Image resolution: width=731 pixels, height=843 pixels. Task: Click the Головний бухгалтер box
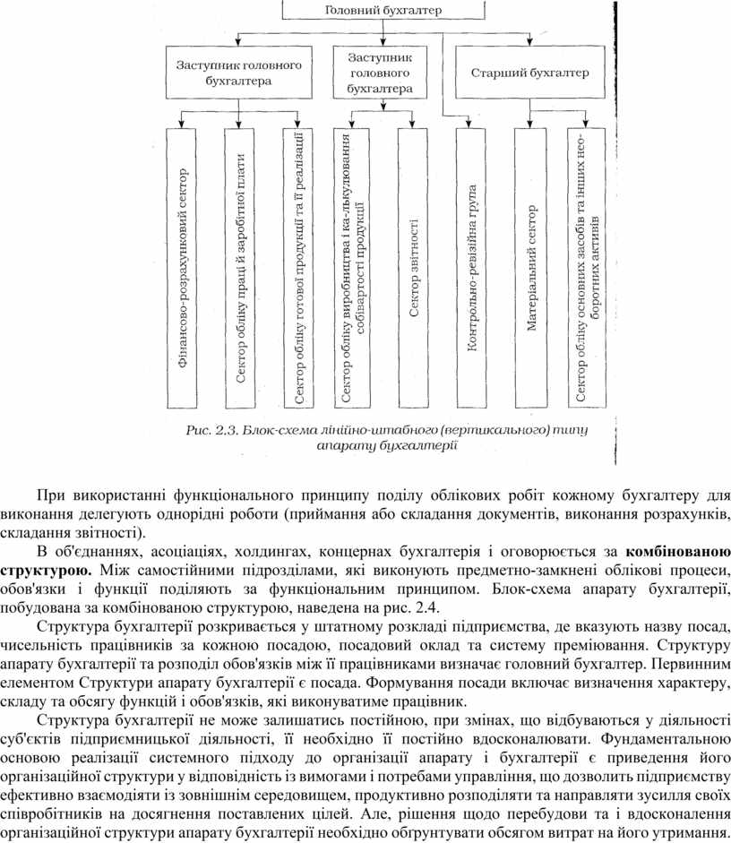383,10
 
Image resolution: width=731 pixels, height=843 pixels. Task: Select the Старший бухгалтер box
530,73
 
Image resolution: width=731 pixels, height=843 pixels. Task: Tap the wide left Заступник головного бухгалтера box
238,73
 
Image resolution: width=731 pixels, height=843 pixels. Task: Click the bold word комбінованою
678,549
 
